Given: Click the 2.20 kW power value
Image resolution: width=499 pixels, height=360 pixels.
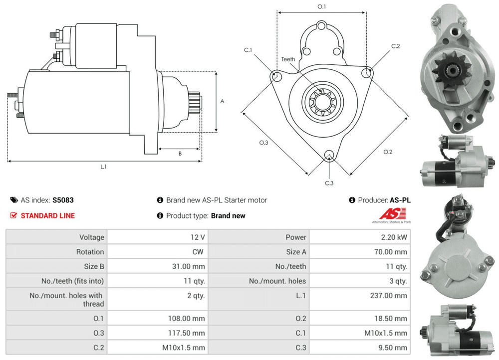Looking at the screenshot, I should coord(393,237).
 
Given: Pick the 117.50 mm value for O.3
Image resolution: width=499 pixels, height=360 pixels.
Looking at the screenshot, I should coord(188,333).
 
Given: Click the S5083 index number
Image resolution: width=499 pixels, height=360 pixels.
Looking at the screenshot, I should coord(63,200).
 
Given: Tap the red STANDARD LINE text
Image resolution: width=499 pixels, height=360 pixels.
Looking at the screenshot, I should coord(47,215).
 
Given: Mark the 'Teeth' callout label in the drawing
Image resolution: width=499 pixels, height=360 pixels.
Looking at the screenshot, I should coord(288,59).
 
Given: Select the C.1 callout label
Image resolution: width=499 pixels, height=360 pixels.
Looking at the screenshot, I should coord(248,50).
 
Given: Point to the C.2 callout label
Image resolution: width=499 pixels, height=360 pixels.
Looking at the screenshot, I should coord(395,46).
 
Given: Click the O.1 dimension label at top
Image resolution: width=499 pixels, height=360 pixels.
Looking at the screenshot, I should coord(322,6).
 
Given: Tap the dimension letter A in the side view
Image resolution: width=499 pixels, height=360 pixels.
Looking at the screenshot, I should coord(222,101).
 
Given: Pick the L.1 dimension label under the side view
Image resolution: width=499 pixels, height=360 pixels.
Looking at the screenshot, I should coord(103,167).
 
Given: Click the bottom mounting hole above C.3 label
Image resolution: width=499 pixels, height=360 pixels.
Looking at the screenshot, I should coord(329,155).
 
